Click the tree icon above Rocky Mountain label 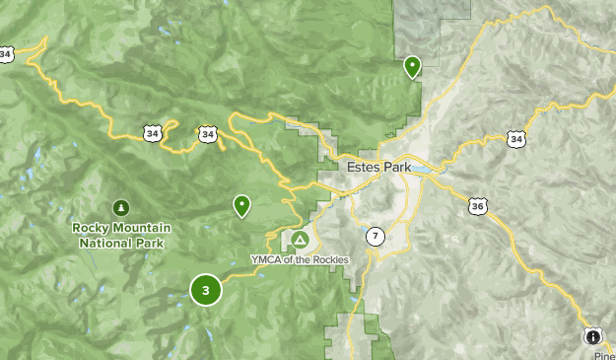[120, 208]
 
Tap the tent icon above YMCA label [299, 240]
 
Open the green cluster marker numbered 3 [205, 290]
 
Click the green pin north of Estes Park [412, 66]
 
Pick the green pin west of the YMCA [240, 205]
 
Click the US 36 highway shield [478, 206]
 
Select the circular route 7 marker [376, 237]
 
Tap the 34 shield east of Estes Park [516, 139]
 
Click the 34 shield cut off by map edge [5, 53]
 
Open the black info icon [592, 336]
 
